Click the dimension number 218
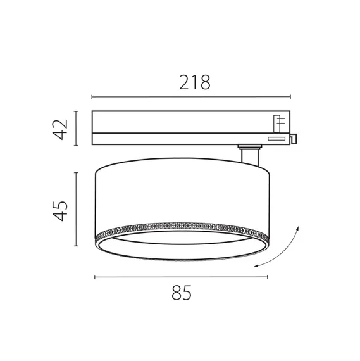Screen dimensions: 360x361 [x=195, y=82]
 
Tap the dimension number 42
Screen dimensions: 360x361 [x=60, y=130]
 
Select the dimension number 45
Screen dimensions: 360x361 [x=60, y=211]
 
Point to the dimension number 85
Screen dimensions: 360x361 [x=182, y=293]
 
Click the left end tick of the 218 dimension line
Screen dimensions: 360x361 [x=92, y=97]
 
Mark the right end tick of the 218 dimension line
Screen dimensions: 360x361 [x=290, y=97]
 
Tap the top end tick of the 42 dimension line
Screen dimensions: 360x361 [x=76, y=111]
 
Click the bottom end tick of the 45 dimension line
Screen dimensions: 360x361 [x=76, y=246]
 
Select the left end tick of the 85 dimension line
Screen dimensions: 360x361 [x=95, y=277]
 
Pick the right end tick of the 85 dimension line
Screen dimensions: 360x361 [x=267, y=277]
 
